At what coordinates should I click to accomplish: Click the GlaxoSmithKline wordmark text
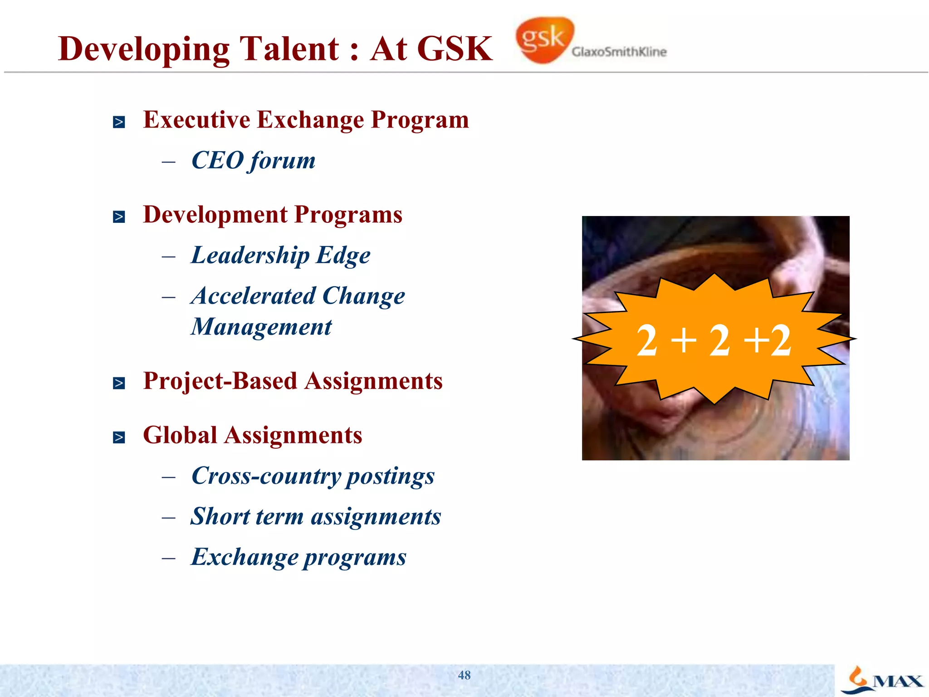(x=619, y=52)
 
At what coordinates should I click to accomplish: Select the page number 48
(x=464, y=675)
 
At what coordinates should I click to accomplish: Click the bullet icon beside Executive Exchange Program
(x=119, y=122)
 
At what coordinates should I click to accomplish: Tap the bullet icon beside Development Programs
(x=119, y=217)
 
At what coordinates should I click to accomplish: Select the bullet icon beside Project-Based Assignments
(x=119, y=383)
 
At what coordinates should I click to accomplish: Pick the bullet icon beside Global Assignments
(x=119, y=437)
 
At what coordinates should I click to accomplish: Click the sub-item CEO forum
(x=253, y=161)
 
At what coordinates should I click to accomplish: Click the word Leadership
(x=250, y=255)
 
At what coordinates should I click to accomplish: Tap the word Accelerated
(x=254, y=296)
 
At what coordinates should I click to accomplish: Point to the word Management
(x=261, y=327)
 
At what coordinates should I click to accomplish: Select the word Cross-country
(x=266, y=476)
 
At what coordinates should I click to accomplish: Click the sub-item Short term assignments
(x=316, y=517)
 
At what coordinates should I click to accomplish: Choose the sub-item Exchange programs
(x=298, y=557)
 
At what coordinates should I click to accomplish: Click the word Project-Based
(x=220, y=381)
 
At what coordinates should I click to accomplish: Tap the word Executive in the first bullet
(x=196, y=120)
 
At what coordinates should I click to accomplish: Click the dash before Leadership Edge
(x=169, y=257)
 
